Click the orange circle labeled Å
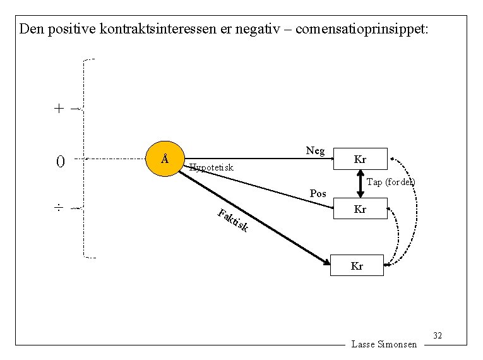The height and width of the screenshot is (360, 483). pyautogui.click(x=164, y=158)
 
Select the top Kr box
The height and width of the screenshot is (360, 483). pyautogui.click(x=360, y=159)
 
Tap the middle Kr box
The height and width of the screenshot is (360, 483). pyautogui.click(x=360, y=209)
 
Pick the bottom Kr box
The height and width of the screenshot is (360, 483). pyautogui.click(x=357, y=266)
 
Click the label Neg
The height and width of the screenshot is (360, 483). pyautogui.click(x=315, y=150)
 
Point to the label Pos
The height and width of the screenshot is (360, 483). pyautogui.click(x=318, y=193)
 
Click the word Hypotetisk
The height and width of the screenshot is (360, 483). pyautogui.click(x=212, y=168)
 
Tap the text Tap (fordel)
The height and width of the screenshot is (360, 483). pyautogui.click(x=391, y=182)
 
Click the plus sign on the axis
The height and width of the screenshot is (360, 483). pyautogui.click(x=59, y=108)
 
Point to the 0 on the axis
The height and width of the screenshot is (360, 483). pyautogui.click(x=60, y=162)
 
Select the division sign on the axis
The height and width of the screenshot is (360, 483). pyautogui.click(x=58, y=207)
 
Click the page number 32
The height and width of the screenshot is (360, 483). pyautogui.click(x=438, y=335)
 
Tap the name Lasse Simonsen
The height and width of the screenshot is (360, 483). pyautogui.click(x=384, y=344)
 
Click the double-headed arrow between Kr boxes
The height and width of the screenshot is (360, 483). pyautogui.click(x=360, y=184)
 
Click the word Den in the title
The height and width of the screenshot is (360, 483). pyautogui.click(x=31, y=29)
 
